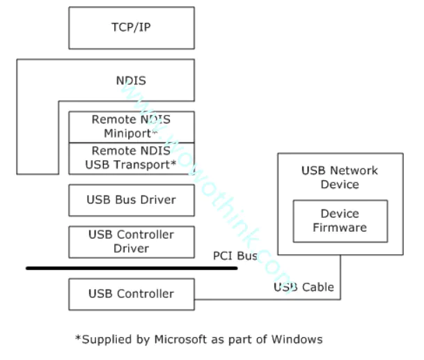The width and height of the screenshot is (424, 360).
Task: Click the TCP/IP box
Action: [x=131, y=28]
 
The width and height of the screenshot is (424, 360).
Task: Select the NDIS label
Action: [x=131, y=81]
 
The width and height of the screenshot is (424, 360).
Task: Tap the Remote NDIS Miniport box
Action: [x=131, y=126]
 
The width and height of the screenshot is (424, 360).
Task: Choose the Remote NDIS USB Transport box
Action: [x=131, y=159]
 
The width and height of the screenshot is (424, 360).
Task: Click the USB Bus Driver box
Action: [x=131, y=200]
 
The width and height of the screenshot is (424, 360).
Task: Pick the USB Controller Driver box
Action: [x=131, y=242]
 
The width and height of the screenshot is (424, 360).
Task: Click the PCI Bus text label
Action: [x=235, y=256]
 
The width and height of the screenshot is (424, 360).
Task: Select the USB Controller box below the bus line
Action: [x=131, y=293]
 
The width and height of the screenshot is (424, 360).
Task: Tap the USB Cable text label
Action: [x=303, y=287]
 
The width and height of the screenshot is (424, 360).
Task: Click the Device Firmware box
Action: [x=340, y=220]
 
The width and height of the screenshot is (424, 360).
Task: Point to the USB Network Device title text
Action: [x=340, y=178]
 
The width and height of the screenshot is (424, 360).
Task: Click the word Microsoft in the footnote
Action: [x=173, y=339]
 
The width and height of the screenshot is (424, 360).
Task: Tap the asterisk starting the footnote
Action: [x=78, y=338]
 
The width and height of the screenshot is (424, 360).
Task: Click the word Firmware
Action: [x=340, y=227]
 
